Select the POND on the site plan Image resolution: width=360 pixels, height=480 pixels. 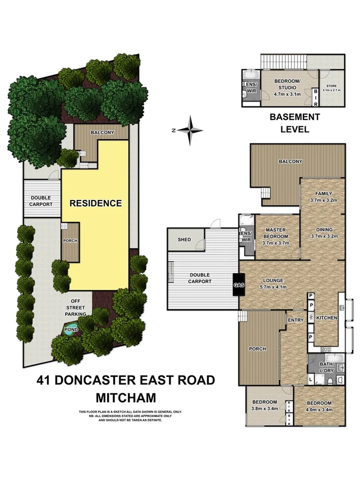point(71,330)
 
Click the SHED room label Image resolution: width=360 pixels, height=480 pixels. point(184,240)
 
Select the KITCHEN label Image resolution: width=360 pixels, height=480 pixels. point(326,318)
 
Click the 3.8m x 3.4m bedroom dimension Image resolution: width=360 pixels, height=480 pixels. point(265,410)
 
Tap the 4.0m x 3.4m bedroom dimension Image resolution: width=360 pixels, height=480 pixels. point(319,410)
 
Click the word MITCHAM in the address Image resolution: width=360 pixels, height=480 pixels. point(125,397)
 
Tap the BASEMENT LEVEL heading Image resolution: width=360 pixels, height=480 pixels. point(294,123)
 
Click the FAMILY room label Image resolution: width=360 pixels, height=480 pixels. point(323,194)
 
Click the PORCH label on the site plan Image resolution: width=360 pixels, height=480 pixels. point(70,241)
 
